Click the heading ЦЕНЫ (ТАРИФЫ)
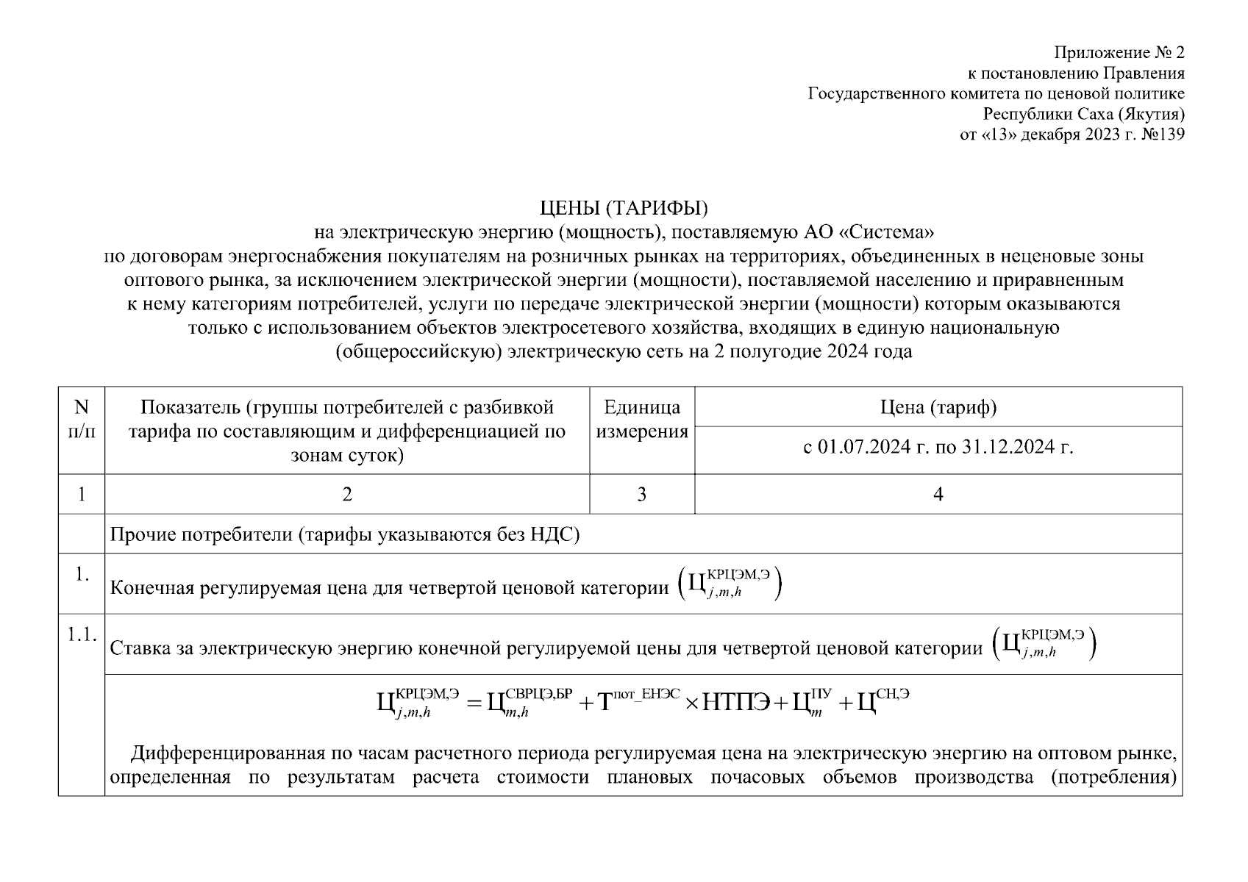(624, 209)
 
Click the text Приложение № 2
(1119, 52)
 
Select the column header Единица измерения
(641, 419)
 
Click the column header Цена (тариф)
(938, 407)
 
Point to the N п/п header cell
(81, 419)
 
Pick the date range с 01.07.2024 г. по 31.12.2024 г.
(938, 447)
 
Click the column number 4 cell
(938, 494)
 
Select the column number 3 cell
(641, 494)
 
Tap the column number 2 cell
(346, 494)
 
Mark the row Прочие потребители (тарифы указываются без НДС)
(345, 534)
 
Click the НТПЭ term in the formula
(736, 703)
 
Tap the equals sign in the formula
(474, 703)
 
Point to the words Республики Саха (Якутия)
(1084, 114)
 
